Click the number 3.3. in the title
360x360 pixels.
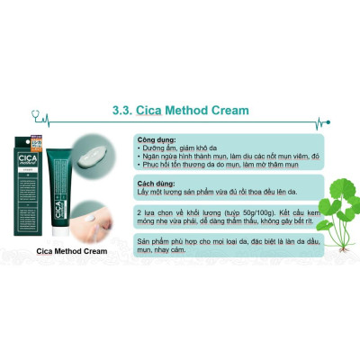pos(123,112)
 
